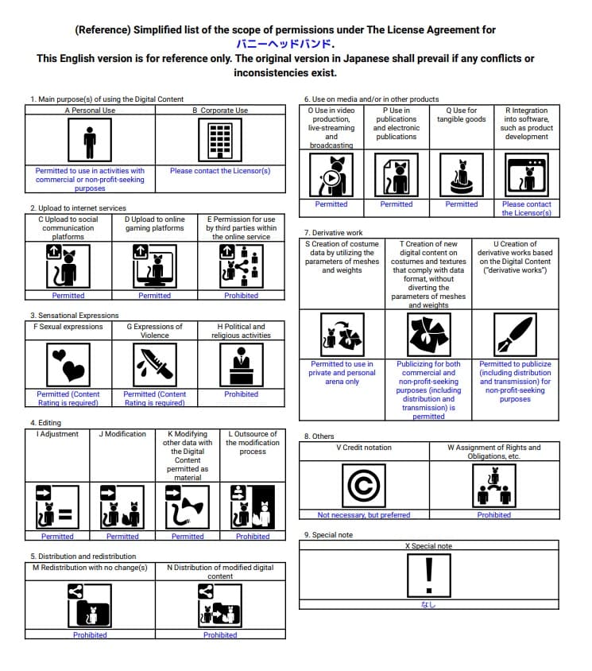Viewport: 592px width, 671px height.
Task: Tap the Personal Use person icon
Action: [90, 142]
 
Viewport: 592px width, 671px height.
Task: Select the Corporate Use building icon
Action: [220, 142]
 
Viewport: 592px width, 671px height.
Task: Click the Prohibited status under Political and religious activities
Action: [241, 394]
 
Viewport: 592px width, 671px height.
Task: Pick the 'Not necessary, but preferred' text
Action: [364, 515]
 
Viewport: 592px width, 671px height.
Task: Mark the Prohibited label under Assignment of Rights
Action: [493, 515]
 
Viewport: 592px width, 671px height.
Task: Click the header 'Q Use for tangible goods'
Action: [461, 115]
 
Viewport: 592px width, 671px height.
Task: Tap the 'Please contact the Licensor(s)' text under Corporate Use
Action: [220, 171]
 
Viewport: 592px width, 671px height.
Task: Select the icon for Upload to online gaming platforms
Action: [154, 266]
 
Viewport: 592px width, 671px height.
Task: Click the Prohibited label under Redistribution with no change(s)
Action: [90, 635]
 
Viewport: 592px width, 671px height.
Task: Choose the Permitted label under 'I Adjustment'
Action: [57, 537]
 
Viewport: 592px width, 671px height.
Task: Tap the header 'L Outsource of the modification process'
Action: [253, 442]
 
